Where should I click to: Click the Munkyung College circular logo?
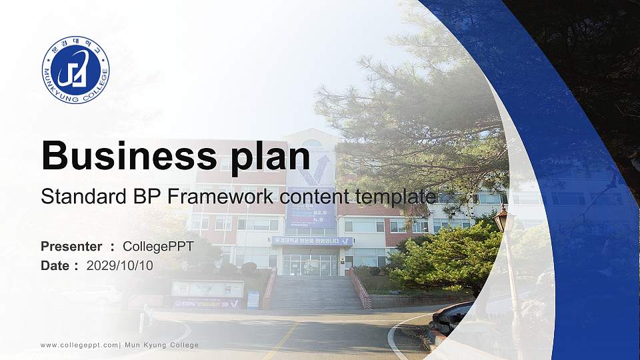pos(75,70)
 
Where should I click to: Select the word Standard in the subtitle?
pos(75,197)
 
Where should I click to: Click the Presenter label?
pos(71,247)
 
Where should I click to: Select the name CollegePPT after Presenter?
pos(158,247)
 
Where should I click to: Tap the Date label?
pos(55,265)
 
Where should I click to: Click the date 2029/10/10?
pos(120,265)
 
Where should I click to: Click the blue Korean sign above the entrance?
pos(311,241)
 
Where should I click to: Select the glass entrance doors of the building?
pos(310,264)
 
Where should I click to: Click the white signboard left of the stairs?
pos(208,289)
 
